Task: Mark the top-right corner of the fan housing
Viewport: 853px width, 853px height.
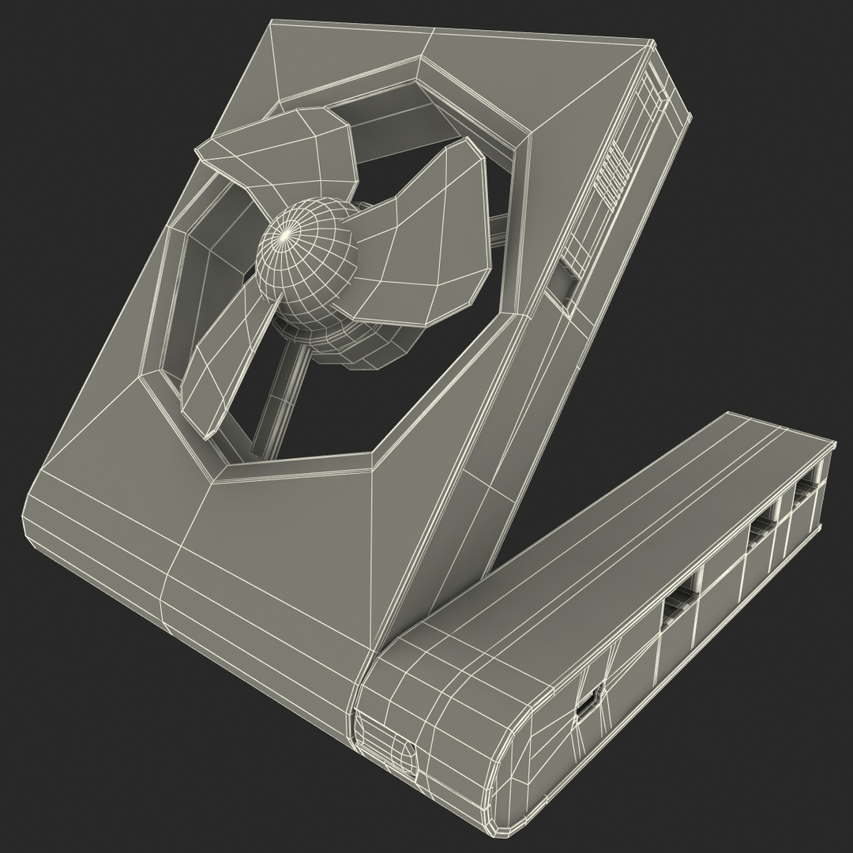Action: pos(654,39)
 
